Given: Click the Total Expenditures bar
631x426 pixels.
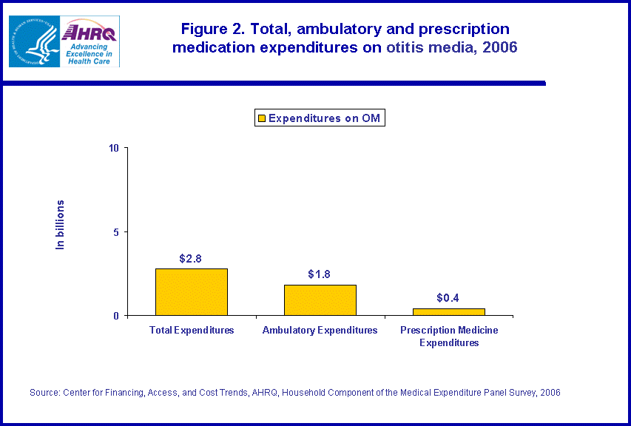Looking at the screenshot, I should (191, 292).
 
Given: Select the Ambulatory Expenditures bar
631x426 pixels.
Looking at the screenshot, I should (320, 300).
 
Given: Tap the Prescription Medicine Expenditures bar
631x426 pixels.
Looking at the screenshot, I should (448, 312).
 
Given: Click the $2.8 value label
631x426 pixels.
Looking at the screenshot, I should (190, 259).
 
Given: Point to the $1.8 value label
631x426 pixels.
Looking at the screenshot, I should (319, 274).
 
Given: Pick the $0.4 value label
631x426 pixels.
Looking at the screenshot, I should (448, 298).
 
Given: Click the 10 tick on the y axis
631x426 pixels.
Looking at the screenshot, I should (114, 148).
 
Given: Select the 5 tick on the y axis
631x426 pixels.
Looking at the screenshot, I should (117, 232).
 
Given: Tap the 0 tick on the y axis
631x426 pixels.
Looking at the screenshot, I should (117, 316).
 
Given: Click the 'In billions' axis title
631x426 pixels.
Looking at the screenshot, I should (61, 224).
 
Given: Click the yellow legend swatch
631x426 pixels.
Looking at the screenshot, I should (260, 118).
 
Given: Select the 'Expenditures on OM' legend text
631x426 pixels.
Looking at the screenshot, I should (324, 118).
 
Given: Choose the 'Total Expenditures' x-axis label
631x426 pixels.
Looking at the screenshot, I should (192, 331).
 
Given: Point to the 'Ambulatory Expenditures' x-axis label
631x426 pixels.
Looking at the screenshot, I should (320, 331).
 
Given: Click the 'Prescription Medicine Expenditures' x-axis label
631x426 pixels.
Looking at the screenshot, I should (449, 337).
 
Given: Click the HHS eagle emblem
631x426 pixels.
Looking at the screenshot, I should (33, 41).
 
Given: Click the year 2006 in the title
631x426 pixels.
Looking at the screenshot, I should (498, 48).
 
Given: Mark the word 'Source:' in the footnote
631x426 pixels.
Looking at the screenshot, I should (44, 393).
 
